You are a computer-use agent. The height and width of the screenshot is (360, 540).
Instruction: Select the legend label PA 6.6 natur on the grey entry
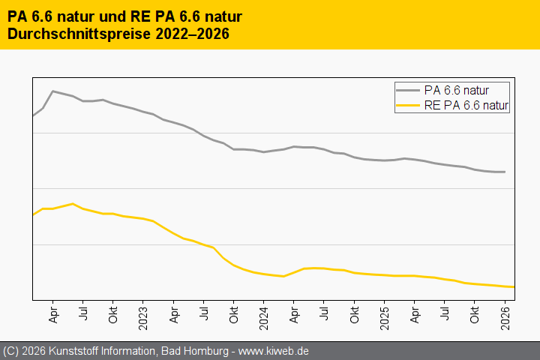(x=456, y=90)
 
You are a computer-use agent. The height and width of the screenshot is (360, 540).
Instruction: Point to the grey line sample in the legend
(x=409, y=90)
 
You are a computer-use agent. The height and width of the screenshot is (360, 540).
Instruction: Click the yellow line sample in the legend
(x=409, y=106)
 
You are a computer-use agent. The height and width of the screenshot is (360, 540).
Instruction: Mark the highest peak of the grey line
(x=52, y=91)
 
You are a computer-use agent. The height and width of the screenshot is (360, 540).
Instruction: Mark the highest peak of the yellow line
(x=73, y=203)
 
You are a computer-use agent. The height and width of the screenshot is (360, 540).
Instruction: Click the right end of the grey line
(x=505, y=172)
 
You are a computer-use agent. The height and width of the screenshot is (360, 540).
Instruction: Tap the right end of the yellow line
(x=514, y=286)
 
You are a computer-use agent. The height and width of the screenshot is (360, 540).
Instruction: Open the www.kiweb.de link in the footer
(x=274, y=351)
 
